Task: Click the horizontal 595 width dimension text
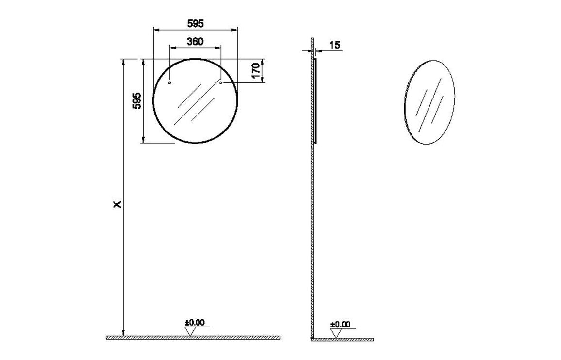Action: [195, 23]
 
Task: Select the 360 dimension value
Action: [195, 41]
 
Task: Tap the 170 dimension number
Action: [257, 71]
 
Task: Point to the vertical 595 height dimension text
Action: [137, 100]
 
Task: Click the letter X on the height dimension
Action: [117, 204]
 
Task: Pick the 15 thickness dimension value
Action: [334, 45]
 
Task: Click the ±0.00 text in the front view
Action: [194, 322]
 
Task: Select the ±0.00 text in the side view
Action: [340, 324]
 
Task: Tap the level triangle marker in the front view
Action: [190, 331]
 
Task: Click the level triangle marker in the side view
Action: [335, 333]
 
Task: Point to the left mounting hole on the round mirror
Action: [169, 83]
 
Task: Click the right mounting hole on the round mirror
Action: [221, 83]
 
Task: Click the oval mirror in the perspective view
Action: [429, 102]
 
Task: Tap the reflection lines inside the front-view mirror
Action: [195, 103]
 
